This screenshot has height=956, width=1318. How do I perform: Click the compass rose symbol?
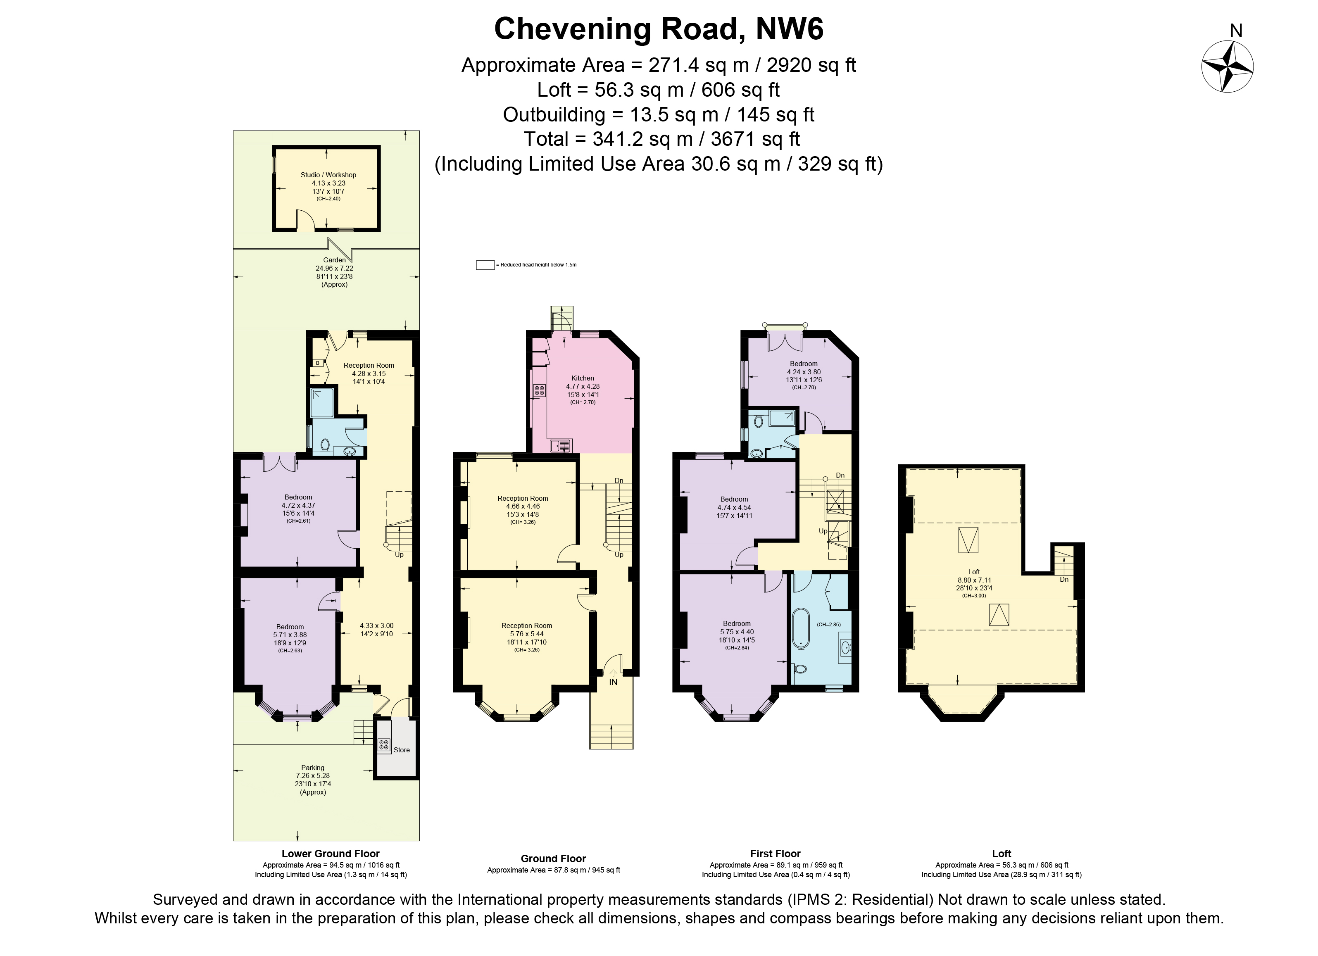pos(1228,67)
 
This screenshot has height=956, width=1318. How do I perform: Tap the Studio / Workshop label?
pos(328,175)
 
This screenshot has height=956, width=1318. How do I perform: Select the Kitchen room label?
pos(583,378)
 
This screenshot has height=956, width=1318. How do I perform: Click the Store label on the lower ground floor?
pos(402,750)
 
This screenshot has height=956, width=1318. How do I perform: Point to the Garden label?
pos(334,260)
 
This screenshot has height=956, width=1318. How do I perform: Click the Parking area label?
pos(313,768)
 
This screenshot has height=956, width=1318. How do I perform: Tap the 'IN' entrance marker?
pos(613,682)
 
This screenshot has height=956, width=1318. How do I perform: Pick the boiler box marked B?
pos(318,363)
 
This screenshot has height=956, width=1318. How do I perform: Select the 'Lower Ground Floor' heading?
pos(331,854)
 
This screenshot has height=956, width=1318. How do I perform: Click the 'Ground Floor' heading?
pos(553,858)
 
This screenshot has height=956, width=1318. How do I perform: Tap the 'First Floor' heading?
pos(775,854)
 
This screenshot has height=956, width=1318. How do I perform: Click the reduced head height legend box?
pos(485,265)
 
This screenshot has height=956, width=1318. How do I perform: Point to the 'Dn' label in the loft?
pos(1064,579)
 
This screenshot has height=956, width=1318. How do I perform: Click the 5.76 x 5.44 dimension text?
pos(526,634)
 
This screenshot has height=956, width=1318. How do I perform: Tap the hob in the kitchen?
pos(539,390)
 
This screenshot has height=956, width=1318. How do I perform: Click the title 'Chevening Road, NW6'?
pos(659,29)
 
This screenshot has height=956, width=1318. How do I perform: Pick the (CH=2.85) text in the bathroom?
pos(829,625)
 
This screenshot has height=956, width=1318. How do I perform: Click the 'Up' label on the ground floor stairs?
pos(619,555)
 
